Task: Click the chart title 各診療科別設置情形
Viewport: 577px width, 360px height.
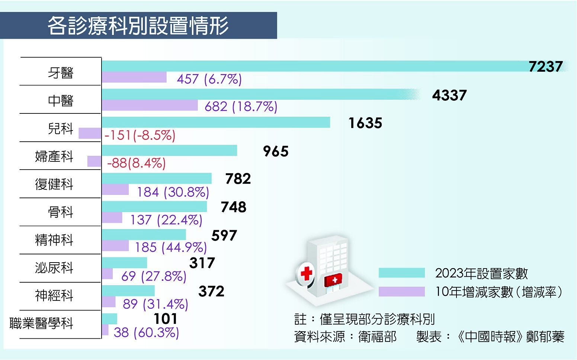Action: click(x=138, y=26)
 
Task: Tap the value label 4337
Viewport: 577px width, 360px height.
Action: click(x=449, y=96)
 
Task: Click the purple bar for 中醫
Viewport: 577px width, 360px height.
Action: click(x=150, y=105)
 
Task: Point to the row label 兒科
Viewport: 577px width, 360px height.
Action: click(x=60, y=128)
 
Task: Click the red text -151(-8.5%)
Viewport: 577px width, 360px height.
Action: click(x=140, y=135)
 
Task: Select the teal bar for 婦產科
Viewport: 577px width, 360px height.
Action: click(x=169, y=150)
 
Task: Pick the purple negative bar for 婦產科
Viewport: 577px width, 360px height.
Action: click(x=94, y=161)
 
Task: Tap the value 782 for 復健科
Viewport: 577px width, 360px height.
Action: click(x=238, y=179)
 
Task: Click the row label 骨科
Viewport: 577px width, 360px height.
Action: click(x=60, y=212)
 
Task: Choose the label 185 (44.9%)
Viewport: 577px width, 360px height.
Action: click(x=171, y=247)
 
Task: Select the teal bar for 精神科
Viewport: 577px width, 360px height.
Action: click(x=144, y=234)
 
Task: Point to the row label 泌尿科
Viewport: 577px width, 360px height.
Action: click(x=54, y=268)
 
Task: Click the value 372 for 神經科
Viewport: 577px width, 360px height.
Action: click(x=211, y=291)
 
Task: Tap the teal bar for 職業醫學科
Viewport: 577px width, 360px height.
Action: click(x=109, y=319)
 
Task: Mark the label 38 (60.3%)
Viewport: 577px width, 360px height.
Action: click(x=146, y=332)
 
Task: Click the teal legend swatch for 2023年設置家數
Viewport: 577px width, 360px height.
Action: click(x=401, y=273)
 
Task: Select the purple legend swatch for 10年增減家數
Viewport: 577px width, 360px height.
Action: click(x=401, y=292)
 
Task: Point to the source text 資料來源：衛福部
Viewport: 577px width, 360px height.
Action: click(x=345, y=337)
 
